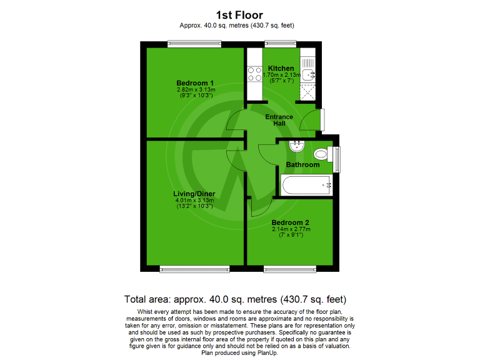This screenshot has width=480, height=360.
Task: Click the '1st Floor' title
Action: (x=240, y=14)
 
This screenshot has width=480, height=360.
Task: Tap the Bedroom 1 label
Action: (x=195, y=83)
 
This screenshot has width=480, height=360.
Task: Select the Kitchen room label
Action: (x=281, y=68)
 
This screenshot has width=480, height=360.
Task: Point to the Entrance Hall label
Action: (x=279, y=121)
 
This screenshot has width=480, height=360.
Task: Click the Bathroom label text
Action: (x=302, y=165)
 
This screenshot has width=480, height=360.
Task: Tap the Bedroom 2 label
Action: (x=290, y=222)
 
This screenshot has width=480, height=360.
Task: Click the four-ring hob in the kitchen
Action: (x=255, y=74)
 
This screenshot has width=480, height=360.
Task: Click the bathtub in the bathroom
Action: (x=306, y=185)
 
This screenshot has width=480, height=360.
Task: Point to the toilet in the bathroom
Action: (x=322, y=154)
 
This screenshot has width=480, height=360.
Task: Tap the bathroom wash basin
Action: (x=296, y=147)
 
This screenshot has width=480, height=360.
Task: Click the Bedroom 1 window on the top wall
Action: (x=194, y=44)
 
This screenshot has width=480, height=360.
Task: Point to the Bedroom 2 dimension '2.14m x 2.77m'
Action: (x=290, y=229)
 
